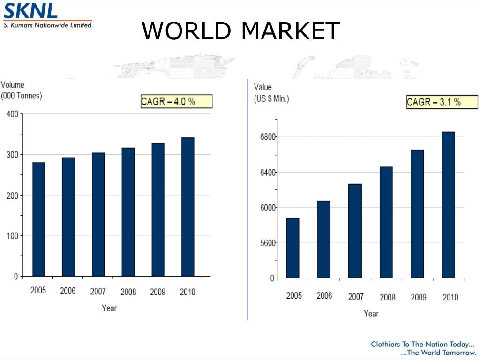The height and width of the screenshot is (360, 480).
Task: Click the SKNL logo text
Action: [30, 10]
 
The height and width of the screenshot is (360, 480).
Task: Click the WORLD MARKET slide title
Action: [240, 31]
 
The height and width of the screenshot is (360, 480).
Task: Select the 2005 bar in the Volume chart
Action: [38, 219]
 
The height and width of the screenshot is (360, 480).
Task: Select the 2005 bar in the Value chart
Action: [293, 248]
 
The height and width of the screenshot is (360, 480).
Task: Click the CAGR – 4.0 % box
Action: [176, 101]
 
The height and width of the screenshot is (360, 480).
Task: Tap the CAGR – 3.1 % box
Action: [442, 102]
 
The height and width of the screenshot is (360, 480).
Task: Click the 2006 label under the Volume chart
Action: [68, 291]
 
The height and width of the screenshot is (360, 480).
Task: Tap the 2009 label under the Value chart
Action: [419, 297]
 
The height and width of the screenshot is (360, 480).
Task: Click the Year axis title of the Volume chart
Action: [109, 308]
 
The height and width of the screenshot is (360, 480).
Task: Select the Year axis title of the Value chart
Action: [371, 313]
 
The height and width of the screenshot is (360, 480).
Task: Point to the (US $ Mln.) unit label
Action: [271, 99]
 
